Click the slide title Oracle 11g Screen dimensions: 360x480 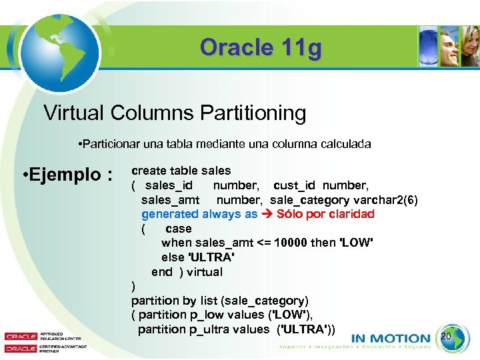[261, 47]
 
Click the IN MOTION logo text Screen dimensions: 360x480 [390, 338]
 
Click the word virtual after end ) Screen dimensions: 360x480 [205, 272]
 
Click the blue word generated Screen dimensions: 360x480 [170, 214]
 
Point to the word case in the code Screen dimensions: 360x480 [179, 229]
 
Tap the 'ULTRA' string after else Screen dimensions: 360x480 [213, 257]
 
